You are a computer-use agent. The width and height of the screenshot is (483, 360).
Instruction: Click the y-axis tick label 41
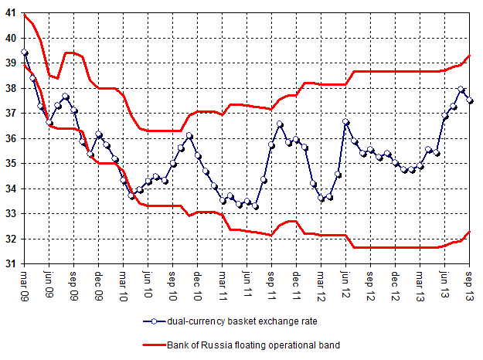pyautogui.click(x=11, y=13)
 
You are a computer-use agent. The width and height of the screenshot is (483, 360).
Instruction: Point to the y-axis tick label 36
pyautogui.click(x=11, y=139)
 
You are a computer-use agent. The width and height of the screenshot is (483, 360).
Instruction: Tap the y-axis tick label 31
pyautogui.click(x=11, y=264)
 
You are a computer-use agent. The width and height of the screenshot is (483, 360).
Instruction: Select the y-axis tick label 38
pyautogui.click(x=11, y=89)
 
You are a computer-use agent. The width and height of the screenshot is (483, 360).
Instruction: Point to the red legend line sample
pyautogui.click(x=155, y=345)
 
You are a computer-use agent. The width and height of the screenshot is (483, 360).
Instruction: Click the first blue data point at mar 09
pyautogui.click(x=25, y=53)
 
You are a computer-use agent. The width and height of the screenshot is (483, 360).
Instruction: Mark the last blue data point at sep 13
pyautogui.click(x=471, y=101)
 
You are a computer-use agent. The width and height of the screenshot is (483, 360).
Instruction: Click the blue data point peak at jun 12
pyautogui.click(x=346, y=122)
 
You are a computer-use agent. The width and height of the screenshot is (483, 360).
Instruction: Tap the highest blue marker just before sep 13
pyautogui.click(x=461, y=90)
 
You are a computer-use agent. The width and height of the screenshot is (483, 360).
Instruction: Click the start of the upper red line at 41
pyautogui.click(x=25, y=15)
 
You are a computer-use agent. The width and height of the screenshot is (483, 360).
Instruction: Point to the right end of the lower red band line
pyautogui.click(x=471, y=232)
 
